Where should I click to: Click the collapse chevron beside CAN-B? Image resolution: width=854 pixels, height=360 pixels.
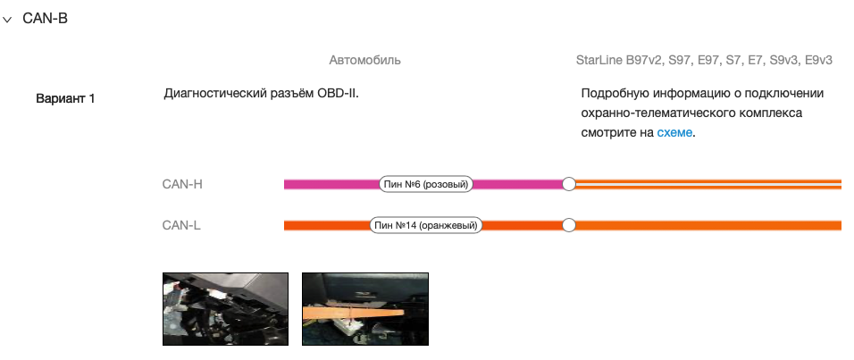[7, 20]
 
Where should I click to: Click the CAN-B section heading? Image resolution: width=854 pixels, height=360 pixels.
[46, 19]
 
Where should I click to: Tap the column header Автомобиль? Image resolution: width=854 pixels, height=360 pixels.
[364, 60]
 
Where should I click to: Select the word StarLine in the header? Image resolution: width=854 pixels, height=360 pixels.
[599, 60]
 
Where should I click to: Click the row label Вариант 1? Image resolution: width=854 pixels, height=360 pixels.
[65, 98]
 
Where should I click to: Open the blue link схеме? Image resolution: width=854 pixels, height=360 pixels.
[674, 132]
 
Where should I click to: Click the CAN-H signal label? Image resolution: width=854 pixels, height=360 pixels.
[182, 184]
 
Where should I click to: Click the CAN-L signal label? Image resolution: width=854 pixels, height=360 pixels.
[181, 225]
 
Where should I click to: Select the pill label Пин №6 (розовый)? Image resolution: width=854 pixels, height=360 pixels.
[425, 184]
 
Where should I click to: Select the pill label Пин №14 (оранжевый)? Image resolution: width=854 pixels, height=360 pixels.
[426, 225]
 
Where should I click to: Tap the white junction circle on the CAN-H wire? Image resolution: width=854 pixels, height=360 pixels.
[569, 184]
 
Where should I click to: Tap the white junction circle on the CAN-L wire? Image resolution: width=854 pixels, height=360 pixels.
[569, 225]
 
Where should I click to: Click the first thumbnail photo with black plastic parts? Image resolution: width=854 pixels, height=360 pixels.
[225, 309]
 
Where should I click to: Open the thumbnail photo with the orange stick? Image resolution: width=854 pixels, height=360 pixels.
[365, 309]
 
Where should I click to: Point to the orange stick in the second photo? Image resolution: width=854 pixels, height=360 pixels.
[354, 313]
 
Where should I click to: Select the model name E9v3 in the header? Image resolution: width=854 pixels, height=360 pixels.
[818, 60]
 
